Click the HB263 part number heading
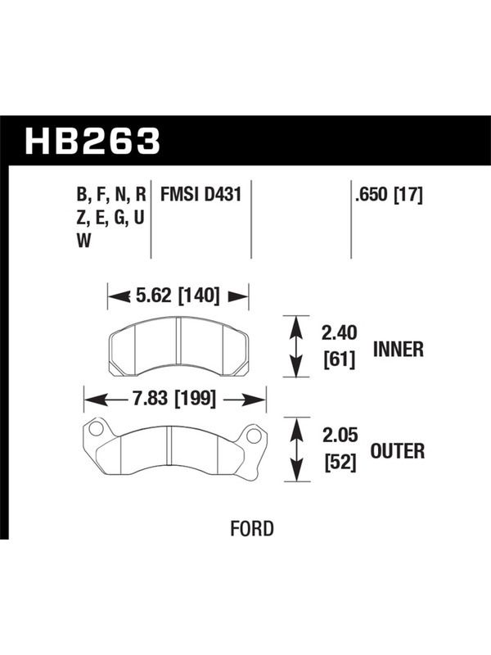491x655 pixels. pos(92,141)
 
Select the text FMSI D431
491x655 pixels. pos(200,195)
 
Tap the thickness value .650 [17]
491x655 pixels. pos(389,195)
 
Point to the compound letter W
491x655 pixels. pos(83,241)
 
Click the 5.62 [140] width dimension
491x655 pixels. pos(178,296)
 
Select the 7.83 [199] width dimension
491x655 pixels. pos(174,399)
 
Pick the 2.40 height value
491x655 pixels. pos(340,333)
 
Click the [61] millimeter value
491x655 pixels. pos(340,359)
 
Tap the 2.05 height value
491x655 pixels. pos(340,436)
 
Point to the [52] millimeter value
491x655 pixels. pos(340,462)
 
